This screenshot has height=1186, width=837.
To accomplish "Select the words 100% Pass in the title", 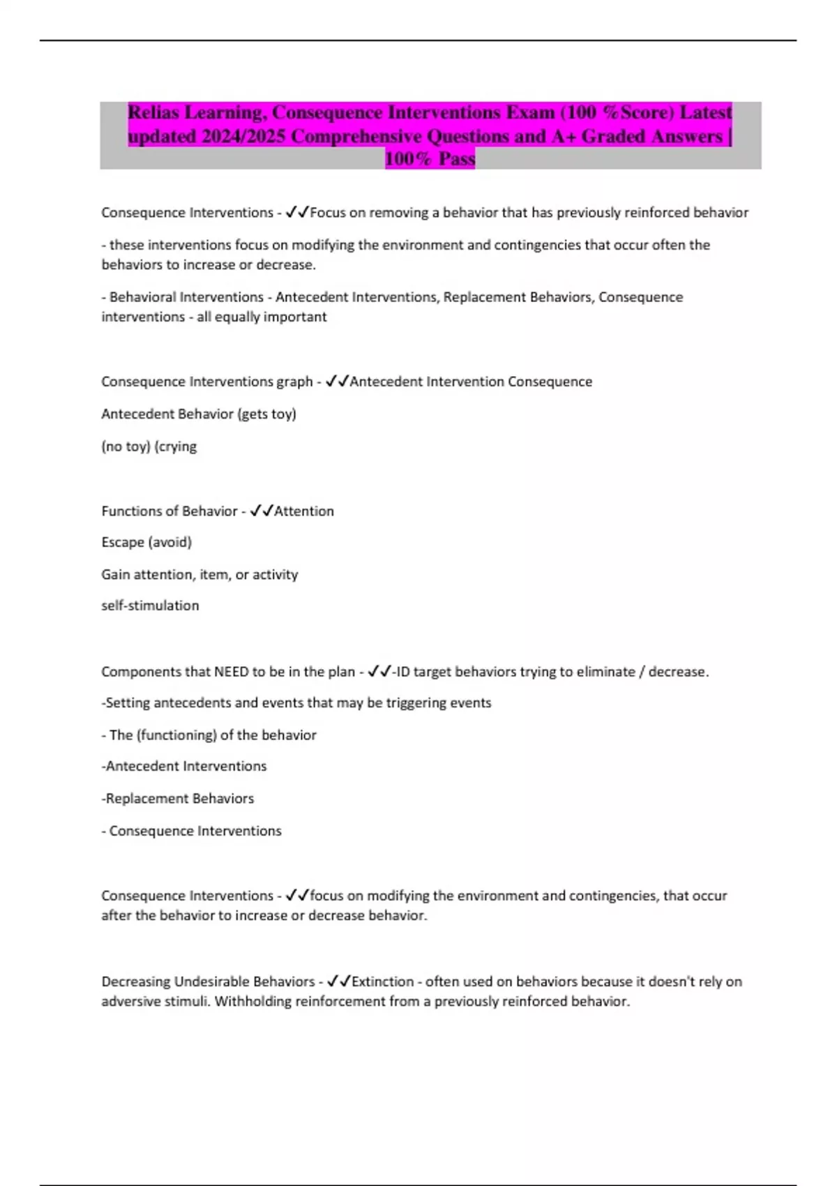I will coord(430,159).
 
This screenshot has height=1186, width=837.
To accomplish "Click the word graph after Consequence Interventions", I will coord(294,382).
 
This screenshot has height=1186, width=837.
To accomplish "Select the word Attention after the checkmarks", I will coord(304,511).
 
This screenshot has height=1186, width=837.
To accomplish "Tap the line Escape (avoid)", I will coord(146,542).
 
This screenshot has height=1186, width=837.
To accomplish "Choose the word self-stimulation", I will coord(150,606).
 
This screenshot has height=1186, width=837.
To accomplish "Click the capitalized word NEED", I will coord(231,671).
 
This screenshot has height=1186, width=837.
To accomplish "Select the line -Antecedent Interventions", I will coord(184,766).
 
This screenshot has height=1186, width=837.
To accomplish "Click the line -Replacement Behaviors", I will coord(178,798).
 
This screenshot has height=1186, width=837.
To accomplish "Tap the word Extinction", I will coord(383,982).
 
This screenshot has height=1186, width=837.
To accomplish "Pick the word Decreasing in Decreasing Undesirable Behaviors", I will coord(135,982).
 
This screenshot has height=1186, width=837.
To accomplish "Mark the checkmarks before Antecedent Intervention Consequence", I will coord(338,382).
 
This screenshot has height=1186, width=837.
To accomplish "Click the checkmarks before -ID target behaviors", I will coord(379,671).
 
